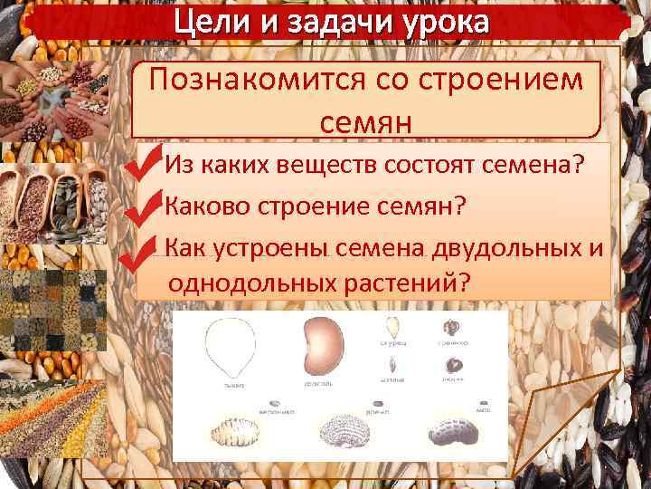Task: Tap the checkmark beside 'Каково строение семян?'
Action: [145, 208]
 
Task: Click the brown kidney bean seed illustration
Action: [322, 347]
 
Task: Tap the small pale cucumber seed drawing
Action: [392, 328]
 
